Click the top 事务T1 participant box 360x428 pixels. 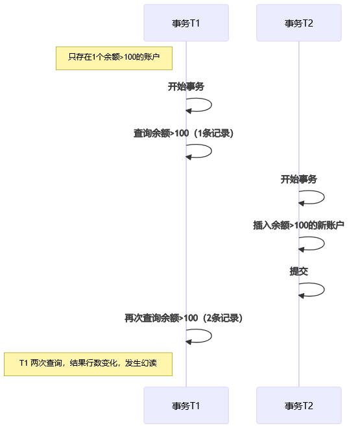coord(186,23)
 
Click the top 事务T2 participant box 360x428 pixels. coord(299,23)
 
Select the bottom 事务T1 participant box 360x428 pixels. coord(186,405)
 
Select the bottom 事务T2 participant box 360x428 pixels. coord(299,405)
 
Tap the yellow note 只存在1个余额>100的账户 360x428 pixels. coord(114,58)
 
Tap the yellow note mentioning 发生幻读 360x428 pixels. coord(88,364)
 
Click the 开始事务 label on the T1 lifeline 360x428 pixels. coord(186,86)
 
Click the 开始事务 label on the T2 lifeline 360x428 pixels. coord(299,179)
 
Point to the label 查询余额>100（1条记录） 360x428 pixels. coord(184,133)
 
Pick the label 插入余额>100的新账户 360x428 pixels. coord(298,225)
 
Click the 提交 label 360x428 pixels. coord(299,271)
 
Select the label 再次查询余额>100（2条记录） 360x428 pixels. coord(184,318)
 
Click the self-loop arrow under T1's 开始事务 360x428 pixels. coord(211,105)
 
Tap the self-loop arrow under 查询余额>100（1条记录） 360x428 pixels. coord(211,151)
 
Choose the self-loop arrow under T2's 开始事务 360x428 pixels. coord(324,197)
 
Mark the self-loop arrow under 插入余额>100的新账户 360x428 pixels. coord(324,243)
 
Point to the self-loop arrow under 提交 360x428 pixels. coord(324,289)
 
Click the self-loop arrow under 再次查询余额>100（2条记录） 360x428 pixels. coord(211,336)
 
